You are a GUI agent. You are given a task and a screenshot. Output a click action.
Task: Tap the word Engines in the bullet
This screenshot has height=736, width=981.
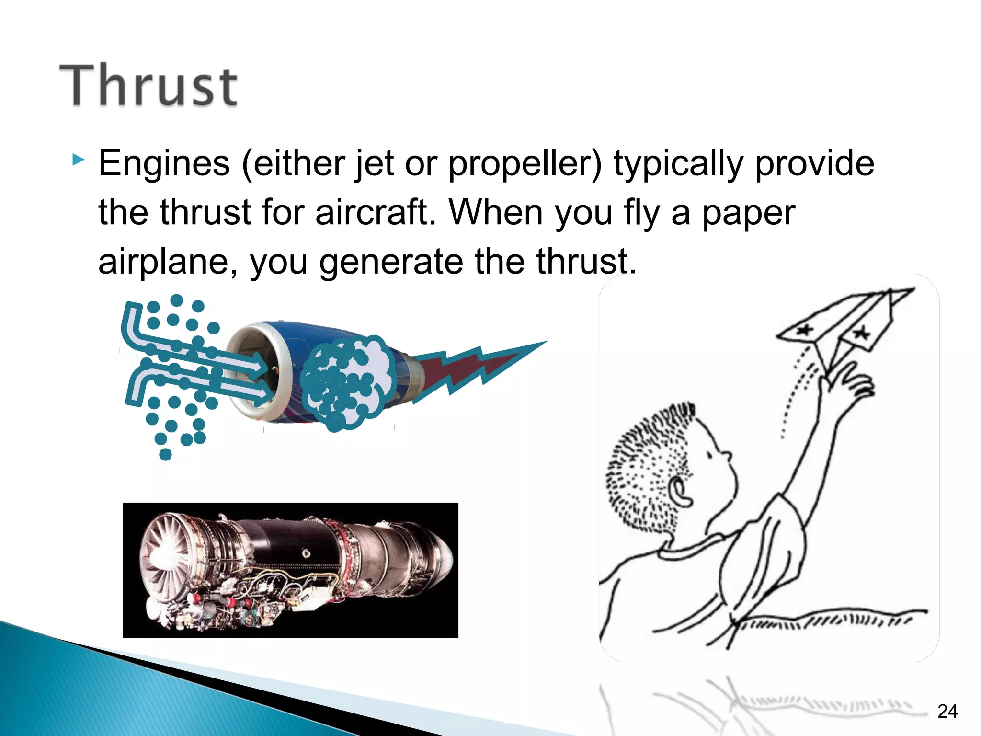(164, 163)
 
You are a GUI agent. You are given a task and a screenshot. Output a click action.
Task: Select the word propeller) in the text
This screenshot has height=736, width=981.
(525, 164)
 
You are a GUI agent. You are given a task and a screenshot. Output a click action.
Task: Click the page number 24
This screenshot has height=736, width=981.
(947, 712)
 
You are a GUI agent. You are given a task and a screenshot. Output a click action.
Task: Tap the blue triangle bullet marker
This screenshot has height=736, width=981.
(78, 160)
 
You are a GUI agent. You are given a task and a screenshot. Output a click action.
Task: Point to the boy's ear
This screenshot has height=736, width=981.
(680, 491)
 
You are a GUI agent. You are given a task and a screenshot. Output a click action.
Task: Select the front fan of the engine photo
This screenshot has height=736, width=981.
(165, 556)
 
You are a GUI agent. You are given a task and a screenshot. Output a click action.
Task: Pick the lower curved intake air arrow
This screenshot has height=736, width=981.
(192, 383)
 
